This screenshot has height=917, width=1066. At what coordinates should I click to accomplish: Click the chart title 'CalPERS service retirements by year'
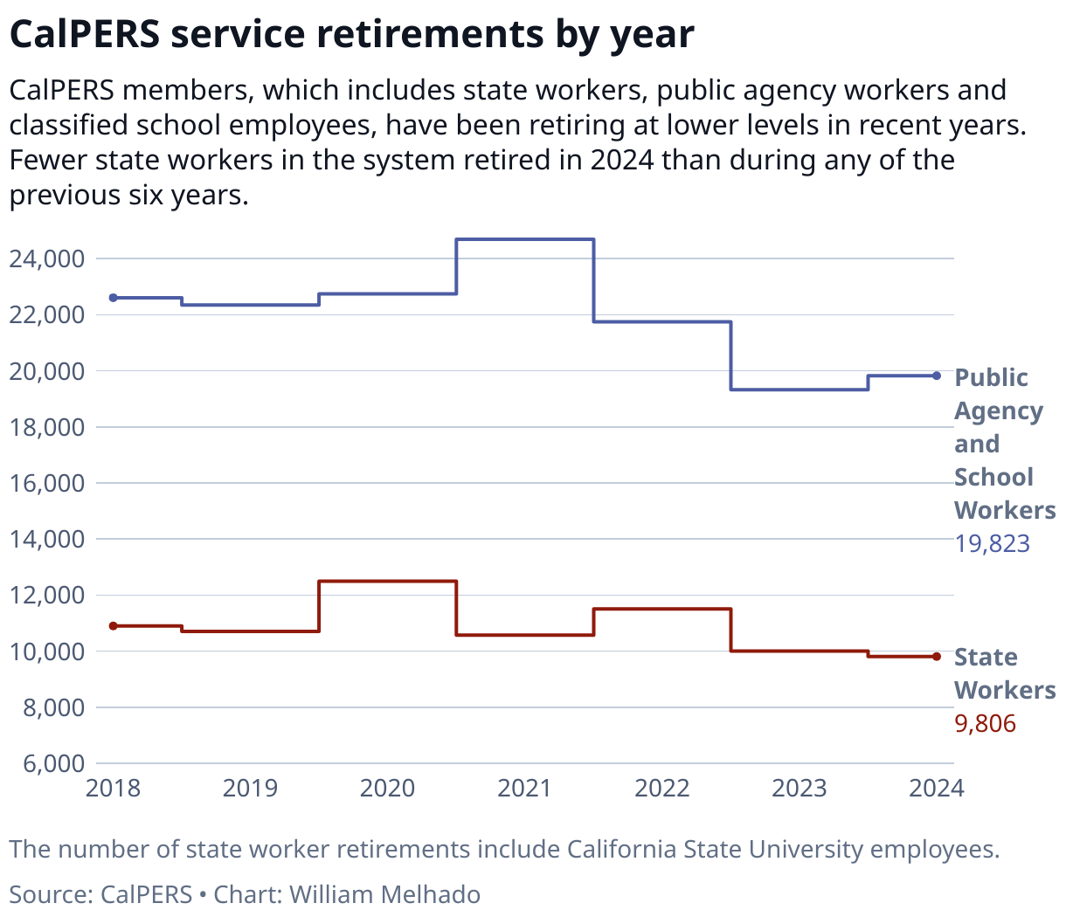click(351, 35)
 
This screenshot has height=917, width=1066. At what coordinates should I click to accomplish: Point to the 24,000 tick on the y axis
click(47, 259)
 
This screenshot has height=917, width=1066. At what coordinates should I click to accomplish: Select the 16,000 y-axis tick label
click(47, 483)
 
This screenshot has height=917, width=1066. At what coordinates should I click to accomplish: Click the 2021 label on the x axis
click(524, 789)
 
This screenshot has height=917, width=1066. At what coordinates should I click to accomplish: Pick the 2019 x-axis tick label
click(250, 789)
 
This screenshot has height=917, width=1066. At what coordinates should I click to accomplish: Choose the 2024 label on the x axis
click(936, 789)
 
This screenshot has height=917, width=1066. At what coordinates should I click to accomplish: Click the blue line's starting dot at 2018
click(113, 298)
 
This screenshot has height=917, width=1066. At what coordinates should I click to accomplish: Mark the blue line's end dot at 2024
click(937, 376)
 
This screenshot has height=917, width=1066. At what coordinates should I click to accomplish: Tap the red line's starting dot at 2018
click(113, 626)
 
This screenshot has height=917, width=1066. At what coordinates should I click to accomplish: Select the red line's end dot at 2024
click(937, 657)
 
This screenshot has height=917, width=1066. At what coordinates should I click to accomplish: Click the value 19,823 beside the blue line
click(992, 544)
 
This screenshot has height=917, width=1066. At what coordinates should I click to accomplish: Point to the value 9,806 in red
click(985, 724)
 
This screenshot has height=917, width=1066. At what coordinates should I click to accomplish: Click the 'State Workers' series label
click(1004, 673)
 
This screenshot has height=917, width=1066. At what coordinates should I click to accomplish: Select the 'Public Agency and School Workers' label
click(1004, 444)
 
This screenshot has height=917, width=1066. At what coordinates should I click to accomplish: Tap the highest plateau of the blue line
click(525, 239)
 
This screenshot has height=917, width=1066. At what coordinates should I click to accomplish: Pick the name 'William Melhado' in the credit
click(384, 894)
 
